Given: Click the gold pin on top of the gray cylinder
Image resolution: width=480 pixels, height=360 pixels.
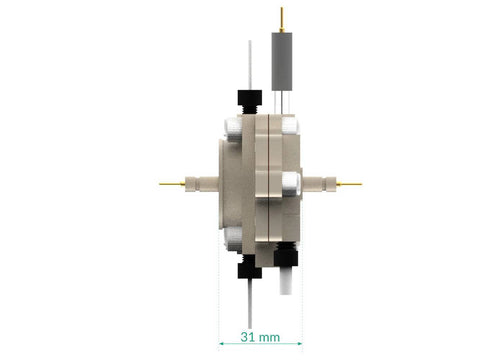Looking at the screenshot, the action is pyautogui.click(x=282, y=20).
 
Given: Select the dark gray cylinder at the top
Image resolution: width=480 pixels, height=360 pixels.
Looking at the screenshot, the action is pyautogui.click(x=282, y=61).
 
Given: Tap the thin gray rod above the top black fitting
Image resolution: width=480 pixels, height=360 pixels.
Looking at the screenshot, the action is pyautogui.click(x=250, y=65).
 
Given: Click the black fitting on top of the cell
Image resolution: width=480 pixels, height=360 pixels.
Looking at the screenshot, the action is pyautogui.click(x=249, y=102).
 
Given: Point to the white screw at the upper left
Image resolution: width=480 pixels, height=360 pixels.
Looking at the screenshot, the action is pyautogui.click(x=233, y=129).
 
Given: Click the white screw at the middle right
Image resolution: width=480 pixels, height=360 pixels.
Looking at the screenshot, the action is pyautogui.click(x=290, y=184).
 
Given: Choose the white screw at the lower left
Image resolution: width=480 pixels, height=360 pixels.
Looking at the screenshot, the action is pyautogui.click(x=233, y=238).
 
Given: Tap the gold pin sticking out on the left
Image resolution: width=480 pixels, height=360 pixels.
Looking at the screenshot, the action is pyautogui.click(x=172, y=183).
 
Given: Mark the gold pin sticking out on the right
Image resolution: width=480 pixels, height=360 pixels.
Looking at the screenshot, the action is pyautogui.click(x=349, y=184).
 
